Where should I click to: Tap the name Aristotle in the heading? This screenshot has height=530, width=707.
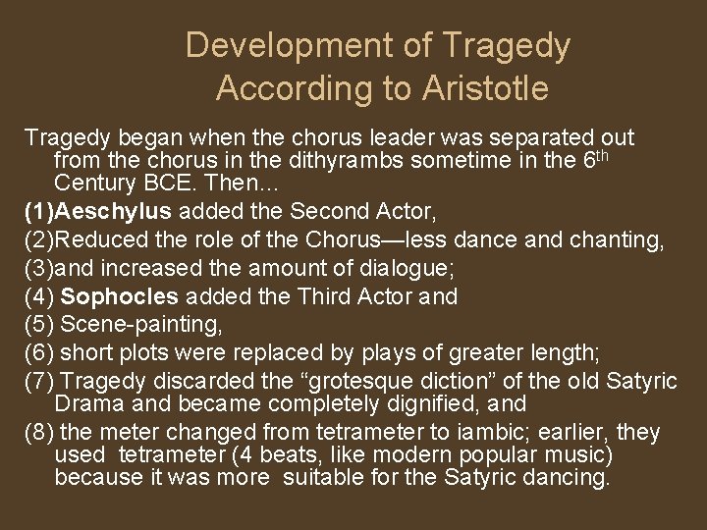[x=485, y=89]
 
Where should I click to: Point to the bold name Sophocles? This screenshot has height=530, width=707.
[x=120, y=296]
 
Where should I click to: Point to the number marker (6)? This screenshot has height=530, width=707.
[x=38, y=353]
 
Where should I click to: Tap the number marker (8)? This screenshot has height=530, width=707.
[x=38, y=433]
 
